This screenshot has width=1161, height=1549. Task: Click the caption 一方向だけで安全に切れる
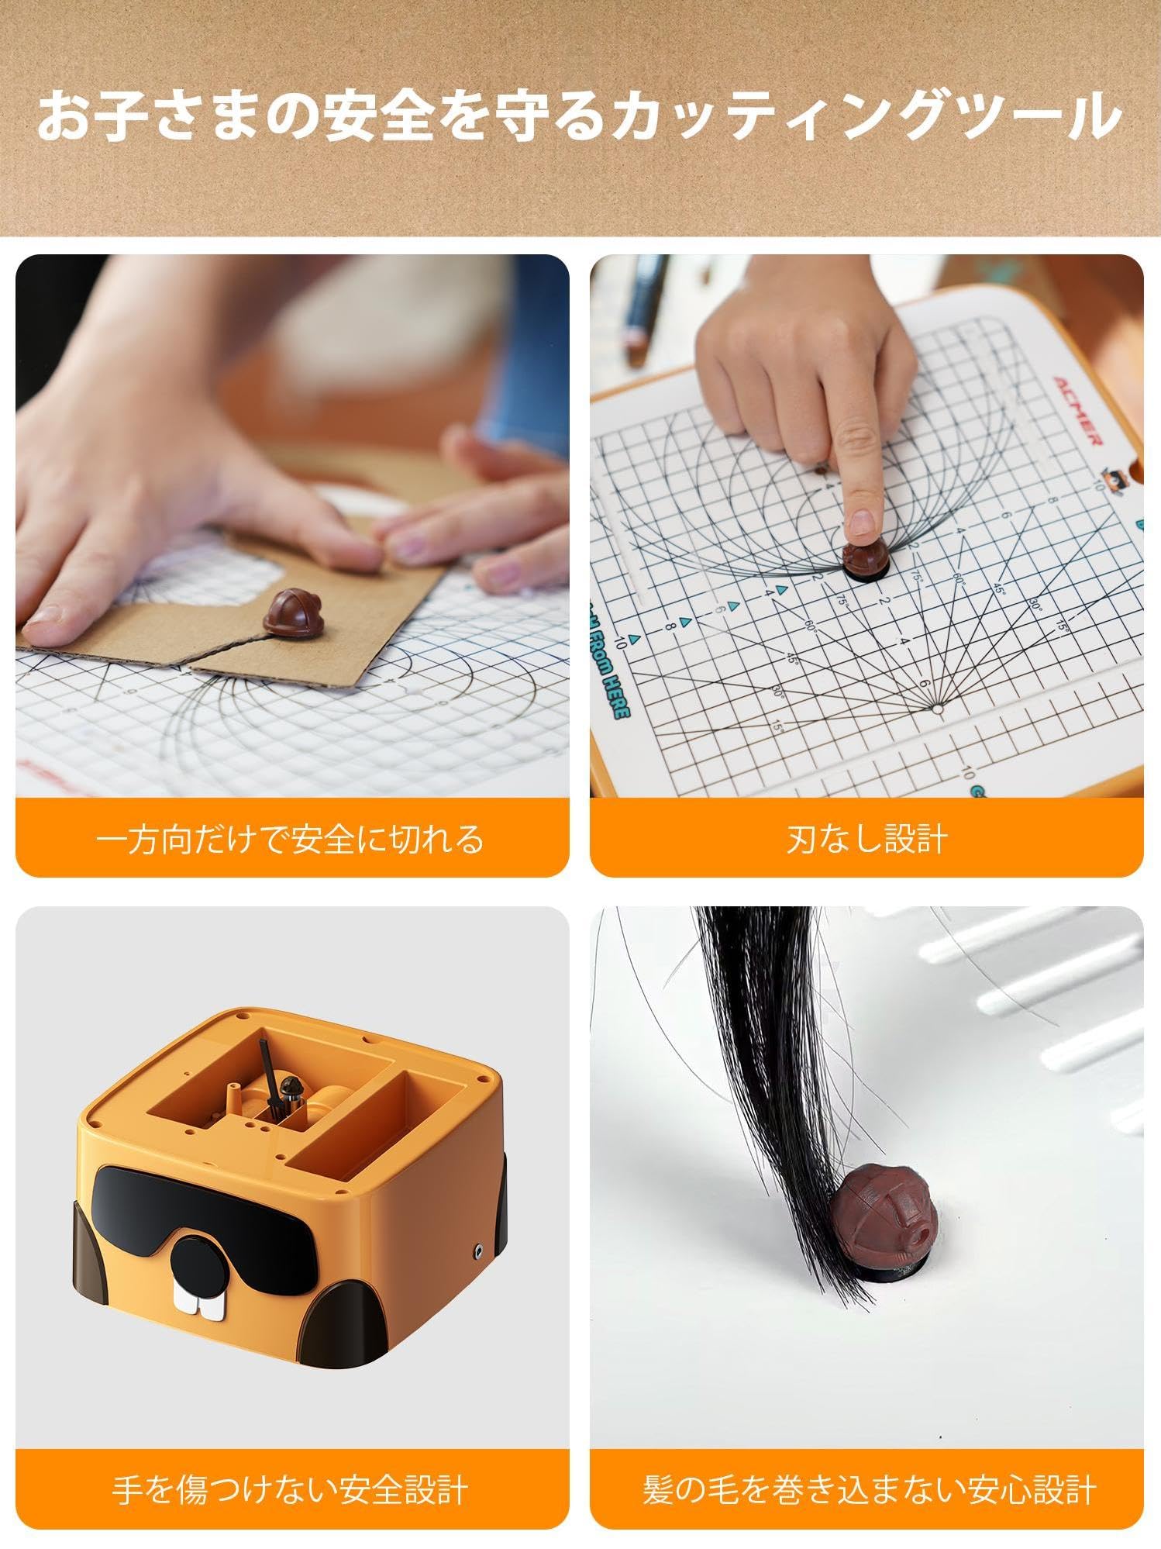[291, 840]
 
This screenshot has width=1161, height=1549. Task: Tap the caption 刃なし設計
[866, 840]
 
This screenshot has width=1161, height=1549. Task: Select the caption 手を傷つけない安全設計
[291, 1491]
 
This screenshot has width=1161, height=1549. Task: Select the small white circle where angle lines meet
[937, 709]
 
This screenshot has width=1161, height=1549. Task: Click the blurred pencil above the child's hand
[639, 310]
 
